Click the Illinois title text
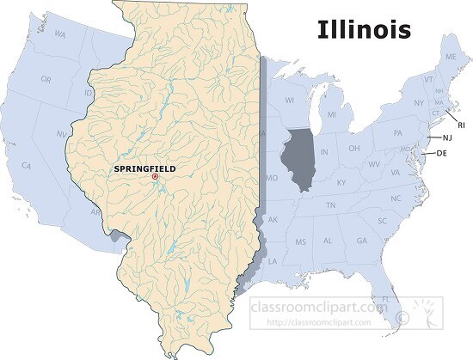click(x=365, y=29)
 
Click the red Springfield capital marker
click(x=155, y=177)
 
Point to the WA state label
click(x=60, y=34)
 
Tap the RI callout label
click(x=461, y=125)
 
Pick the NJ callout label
click(x=447, y=137)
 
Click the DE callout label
click(x=441, y=153)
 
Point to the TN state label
click(x=329, y=205)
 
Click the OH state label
click(x=353, y=147)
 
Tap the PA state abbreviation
click(x=397, y=133)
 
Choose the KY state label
click(x=341, y=183)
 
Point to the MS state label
click(x=299, y=242)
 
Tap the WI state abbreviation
click(x=290, y=99)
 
